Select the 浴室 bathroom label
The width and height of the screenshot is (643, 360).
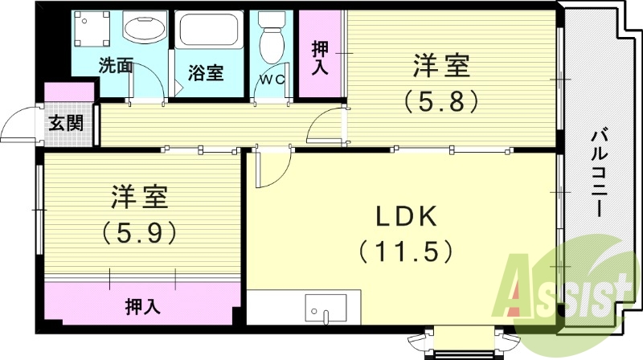[x=206, y=72]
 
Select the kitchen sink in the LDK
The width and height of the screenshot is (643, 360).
[x=326, y=308]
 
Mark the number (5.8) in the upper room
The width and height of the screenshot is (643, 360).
[x=442, y=100]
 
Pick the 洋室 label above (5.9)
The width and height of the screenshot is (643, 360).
[x=140, y=196]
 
